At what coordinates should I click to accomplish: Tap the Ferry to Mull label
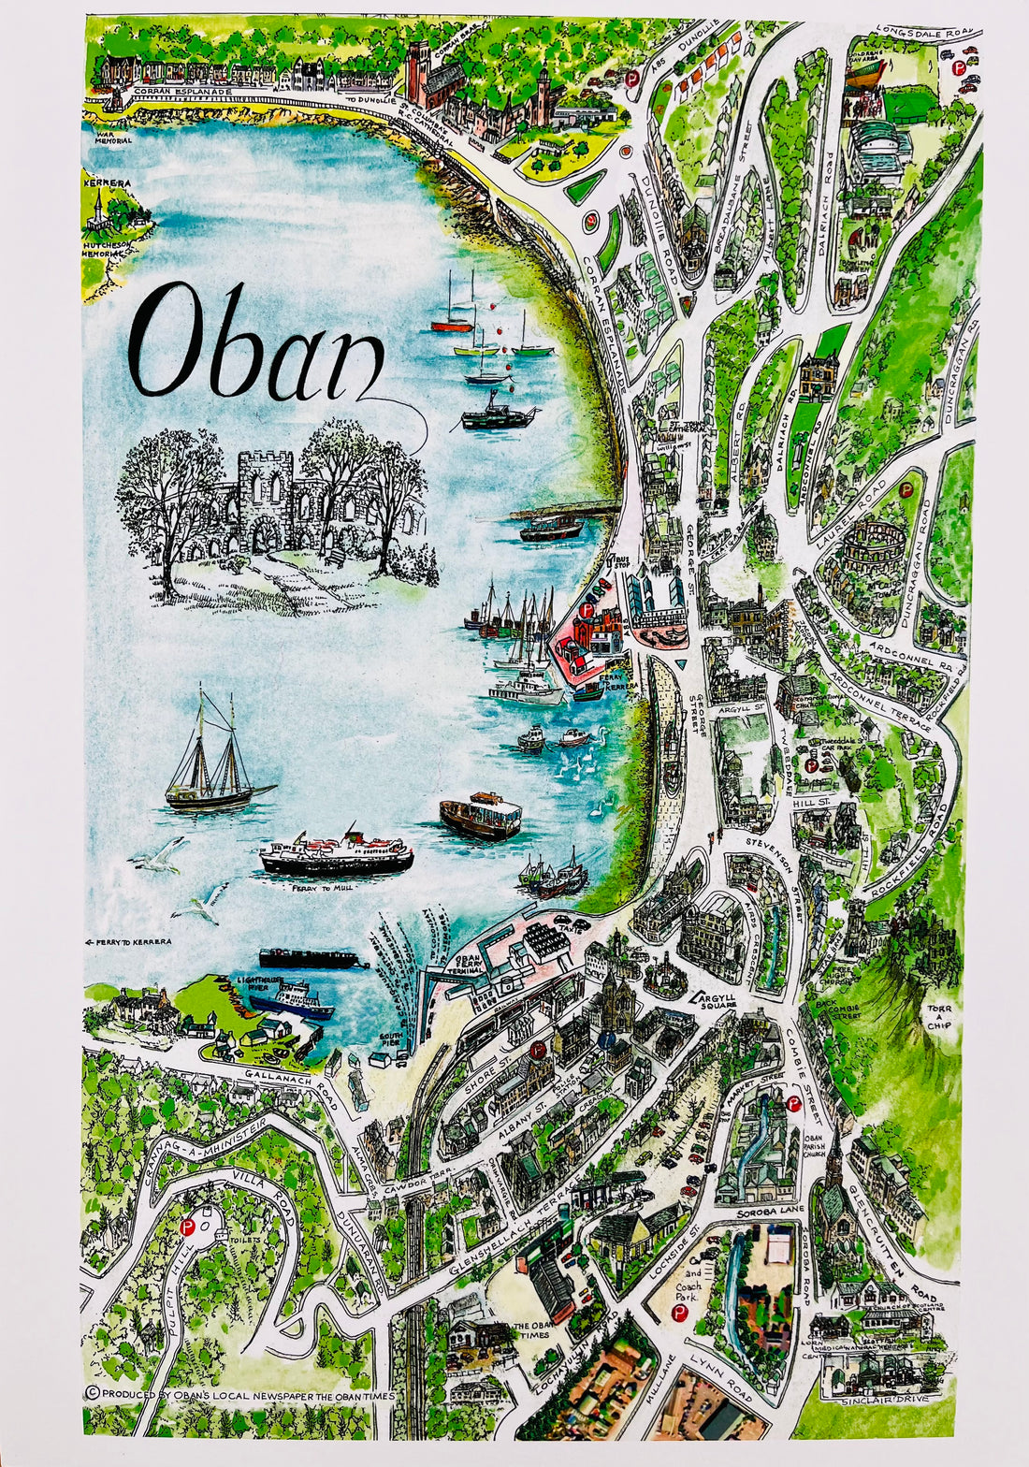(x=322, y=887)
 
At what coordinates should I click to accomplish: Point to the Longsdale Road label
(x=925, y=34)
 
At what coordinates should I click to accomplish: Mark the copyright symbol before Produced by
(x=92, y=1392)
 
